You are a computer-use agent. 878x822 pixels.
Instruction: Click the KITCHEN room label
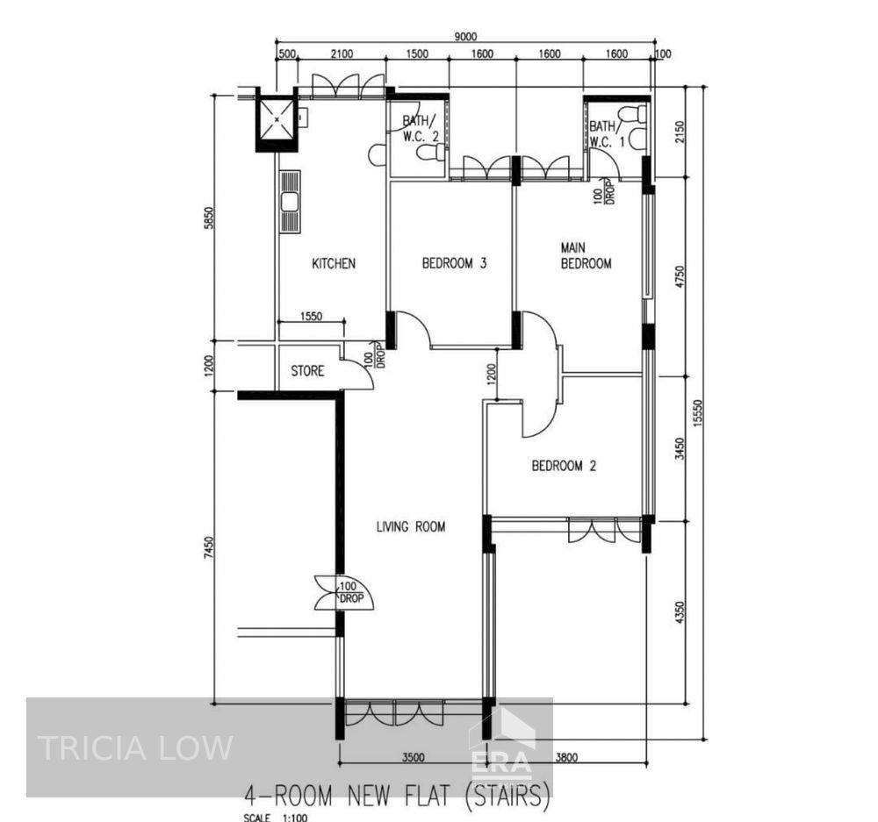coord(334,263)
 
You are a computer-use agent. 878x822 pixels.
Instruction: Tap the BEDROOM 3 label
coord(454,262)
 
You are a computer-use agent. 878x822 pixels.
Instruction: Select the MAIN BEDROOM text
coord(586,255)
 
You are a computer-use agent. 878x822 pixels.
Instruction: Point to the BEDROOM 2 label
coord(564,466)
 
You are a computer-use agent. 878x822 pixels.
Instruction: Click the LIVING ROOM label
coord(411,526)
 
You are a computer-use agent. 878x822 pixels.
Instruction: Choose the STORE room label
coord(307,371)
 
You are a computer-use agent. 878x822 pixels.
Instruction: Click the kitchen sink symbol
coord(290,202)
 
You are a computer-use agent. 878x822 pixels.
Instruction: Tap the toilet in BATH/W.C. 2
coord(433,152)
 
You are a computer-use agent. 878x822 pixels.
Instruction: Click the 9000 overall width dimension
coord(465,36)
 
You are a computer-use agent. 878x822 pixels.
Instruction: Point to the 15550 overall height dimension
coord(697,413)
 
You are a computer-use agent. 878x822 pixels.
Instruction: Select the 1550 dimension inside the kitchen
coord(312,316)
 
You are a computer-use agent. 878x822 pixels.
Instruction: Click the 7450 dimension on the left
coord(208,547)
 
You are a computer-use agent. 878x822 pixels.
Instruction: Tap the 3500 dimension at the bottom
coord(414,758)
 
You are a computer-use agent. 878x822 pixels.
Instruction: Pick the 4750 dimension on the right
coord(680,276)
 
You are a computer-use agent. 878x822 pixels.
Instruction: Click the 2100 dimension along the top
coord(342,54)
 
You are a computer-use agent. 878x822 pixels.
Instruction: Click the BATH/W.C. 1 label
coord(607,133)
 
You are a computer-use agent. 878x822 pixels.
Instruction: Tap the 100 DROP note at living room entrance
coord(351,592)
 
